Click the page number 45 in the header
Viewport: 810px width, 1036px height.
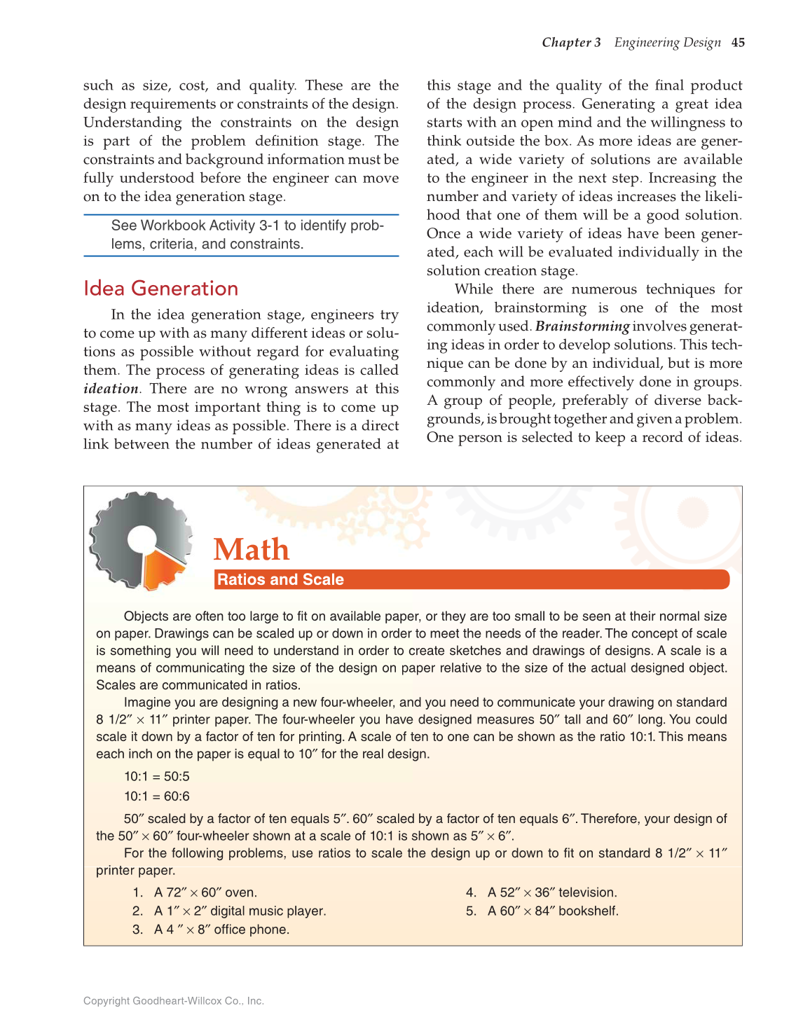point(738,43)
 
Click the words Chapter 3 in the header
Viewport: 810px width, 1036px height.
point(571,43)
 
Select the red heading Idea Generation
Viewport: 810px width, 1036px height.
point(160,289)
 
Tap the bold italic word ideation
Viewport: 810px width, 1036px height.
point(111,389)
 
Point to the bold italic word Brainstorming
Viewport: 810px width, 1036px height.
point(582,326)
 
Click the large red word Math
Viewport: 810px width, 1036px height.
point(252,549)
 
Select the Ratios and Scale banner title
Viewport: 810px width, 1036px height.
point(280,580)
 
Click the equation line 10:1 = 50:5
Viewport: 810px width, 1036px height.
point(157,777)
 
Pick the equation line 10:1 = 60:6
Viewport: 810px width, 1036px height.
point(157,796)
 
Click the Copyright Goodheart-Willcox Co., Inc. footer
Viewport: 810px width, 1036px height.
point(174,1001)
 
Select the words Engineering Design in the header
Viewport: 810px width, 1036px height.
point(667,43)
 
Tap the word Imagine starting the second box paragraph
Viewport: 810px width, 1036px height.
point(146,703)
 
